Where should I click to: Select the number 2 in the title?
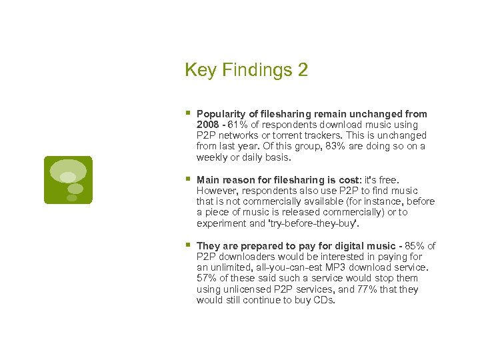pyautogui.click(x=303, y=70)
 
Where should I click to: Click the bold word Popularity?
pyautogui.click(x=219, y=114)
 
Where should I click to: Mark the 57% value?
pyautogui.click(x=207, y=278)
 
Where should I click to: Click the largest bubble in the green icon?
pyautogui.click(x=68, y=170)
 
